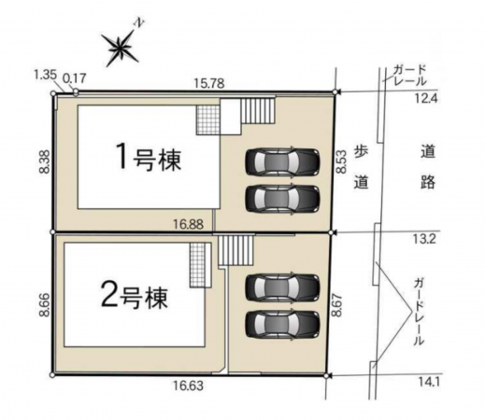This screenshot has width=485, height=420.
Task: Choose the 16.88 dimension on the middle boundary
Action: coord(188,224)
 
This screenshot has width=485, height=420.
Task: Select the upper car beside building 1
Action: coord(281,162)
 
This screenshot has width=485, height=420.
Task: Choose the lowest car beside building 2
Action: coord(281,323)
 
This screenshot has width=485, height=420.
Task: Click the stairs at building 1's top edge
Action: coord(257,114)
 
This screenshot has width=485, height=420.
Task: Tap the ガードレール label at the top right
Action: coord(410,75)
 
